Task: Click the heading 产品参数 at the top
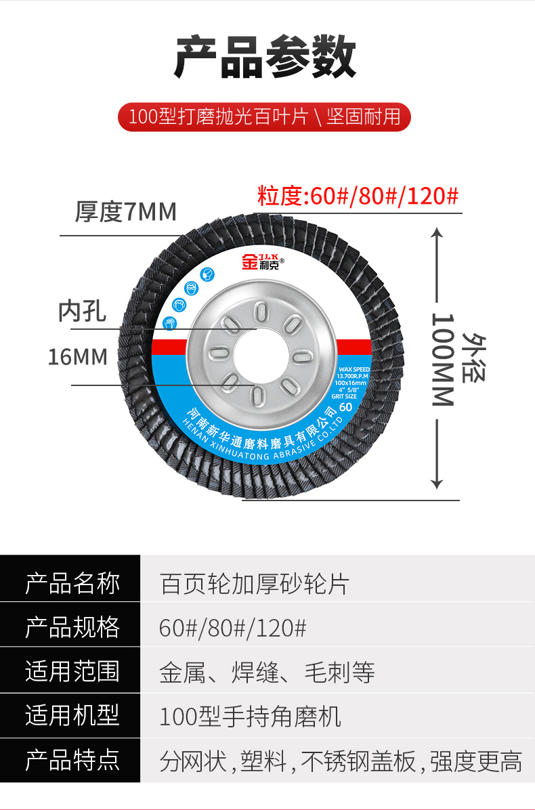tap(265, 58)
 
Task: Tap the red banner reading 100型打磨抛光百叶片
tap(264, 116)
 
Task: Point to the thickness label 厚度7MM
tap(125, 212)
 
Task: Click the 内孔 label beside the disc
tap(83, 312)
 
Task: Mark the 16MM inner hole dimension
tap(77, 357)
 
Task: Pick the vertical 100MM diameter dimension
tap(442, 359)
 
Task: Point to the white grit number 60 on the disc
tap(345, 407)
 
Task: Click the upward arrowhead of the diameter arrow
tap(437, 232)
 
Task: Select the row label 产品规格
tap(72, 627)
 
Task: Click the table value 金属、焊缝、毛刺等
tap(267, 672)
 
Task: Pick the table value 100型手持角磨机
tap(250, 717)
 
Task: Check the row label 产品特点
tap(72, 761)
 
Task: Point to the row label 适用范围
tap(72, 672)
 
